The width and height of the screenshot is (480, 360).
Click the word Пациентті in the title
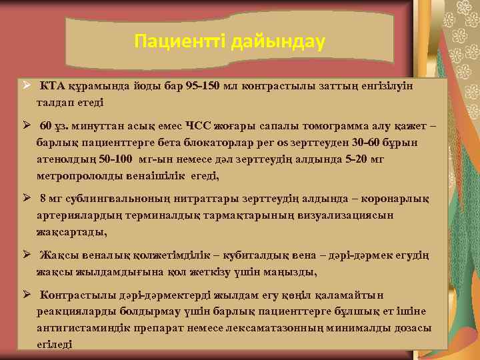[x=181, y=43]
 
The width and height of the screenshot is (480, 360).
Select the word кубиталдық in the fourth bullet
[x=253, y=254]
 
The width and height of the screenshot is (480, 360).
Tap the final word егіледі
[x=55, y=345]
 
